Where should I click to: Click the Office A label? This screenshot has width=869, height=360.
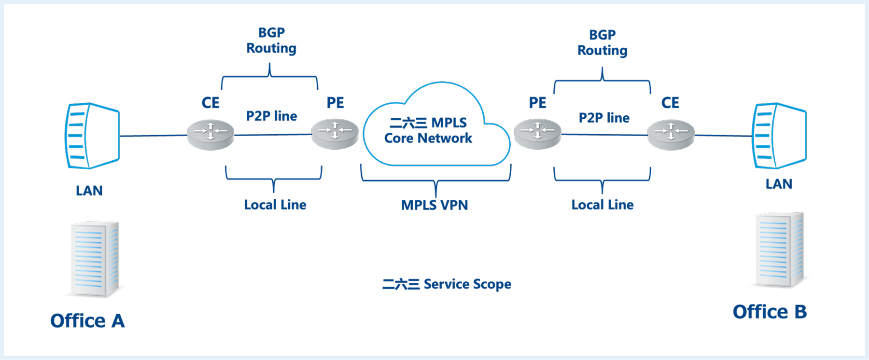click(x=87, y=321)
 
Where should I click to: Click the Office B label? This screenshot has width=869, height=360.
click(x=770, y=312)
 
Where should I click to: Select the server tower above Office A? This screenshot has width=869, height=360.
click(x=95, y=259)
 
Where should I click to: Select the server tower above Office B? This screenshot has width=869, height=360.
click(x=779, y=249)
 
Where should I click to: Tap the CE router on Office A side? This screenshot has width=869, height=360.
click(x=210, y=135)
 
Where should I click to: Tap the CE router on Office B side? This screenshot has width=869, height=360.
click(x=671, y=135)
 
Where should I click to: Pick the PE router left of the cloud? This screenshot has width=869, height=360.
click(x=335, y=134)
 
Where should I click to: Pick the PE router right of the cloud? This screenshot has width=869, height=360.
click(x=537, y=134)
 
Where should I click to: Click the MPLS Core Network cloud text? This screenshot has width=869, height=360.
click(x=428, y=130)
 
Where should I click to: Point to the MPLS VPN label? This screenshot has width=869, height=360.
click(x=434, y=205)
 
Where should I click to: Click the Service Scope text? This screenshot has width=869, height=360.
click(x=447, y=284)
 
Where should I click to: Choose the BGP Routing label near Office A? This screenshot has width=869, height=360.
click(x=271, y=41)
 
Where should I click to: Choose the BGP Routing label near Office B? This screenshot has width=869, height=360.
click(x=603, y=42)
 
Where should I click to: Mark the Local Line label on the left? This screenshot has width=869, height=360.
click(x=275, y=205)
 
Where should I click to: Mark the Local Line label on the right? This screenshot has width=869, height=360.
click(x=603, y=205)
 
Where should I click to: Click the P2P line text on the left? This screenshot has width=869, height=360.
click(x=272, y=116)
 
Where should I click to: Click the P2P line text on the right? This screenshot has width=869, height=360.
click(x=604, y=118)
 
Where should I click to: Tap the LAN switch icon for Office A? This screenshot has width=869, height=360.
click(x=92, y=136)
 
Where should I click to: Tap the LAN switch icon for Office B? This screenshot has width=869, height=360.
click(x=779, y=136)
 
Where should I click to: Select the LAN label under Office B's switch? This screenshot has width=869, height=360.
click(x=779, y=184)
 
